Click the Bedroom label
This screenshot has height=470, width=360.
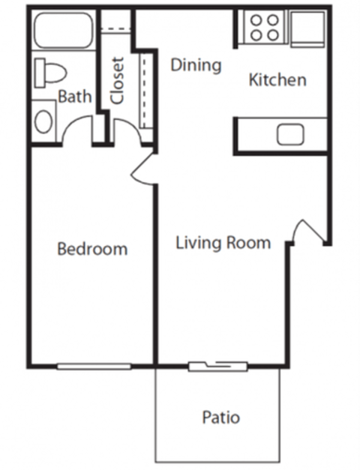click(92, 249)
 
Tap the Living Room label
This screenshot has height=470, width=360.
click(223, 243)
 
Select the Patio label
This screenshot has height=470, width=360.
click(221, 417)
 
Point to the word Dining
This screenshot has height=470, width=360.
click(196, 65)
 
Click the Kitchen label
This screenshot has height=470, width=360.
click(277, 79)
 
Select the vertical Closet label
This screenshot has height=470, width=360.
click(117, 80)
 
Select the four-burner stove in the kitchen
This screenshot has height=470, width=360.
click(265, 28)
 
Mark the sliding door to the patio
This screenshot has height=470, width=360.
click(217, 367)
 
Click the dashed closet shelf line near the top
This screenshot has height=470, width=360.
click(116, 31)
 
